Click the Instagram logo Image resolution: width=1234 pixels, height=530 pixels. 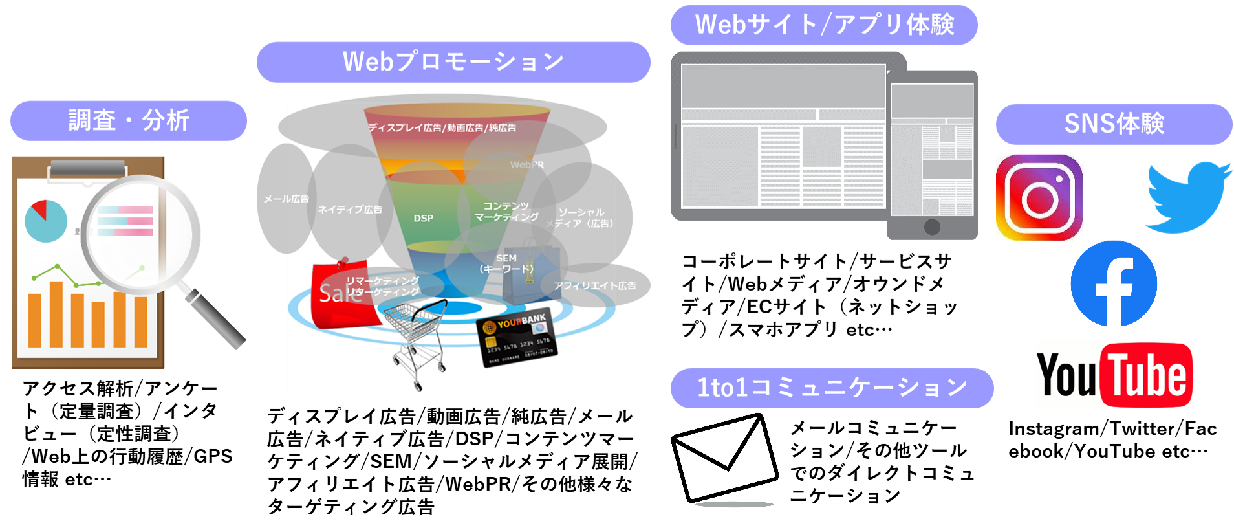tap(1039, 197)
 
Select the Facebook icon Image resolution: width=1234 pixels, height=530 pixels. tap(1113, 283)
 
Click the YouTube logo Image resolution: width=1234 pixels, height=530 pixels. tap(1113, 375)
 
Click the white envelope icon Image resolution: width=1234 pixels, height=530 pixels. tap(725, 458)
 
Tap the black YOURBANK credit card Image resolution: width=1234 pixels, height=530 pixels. tap(517, 337)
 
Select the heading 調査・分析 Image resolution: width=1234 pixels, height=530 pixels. tap(129, 120)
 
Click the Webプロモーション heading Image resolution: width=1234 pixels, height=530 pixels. tap(453, 62)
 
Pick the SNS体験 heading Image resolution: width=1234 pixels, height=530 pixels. tap(1114, 124)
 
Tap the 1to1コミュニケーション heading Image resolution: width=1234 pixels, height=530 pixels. tap(832, 388)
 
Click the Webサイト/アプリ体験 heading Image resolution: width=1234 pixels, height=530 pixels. tap(824, 25)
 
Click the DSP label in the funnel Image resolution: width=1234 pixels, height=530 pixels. tap(424, 219)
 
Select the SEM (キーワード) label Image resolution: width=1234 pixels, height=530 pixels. tap(506, 263)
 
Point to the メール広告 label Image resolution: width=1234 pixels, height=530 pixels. tap(286, 199)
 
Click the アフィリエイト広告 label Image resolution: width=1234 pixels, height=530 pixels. tap(595, 285)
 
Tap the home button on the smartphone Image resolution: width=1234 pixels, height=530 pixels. tap(932, 227)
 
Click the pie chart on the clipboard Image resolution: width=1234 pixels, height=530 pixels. tap(45, 221)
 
